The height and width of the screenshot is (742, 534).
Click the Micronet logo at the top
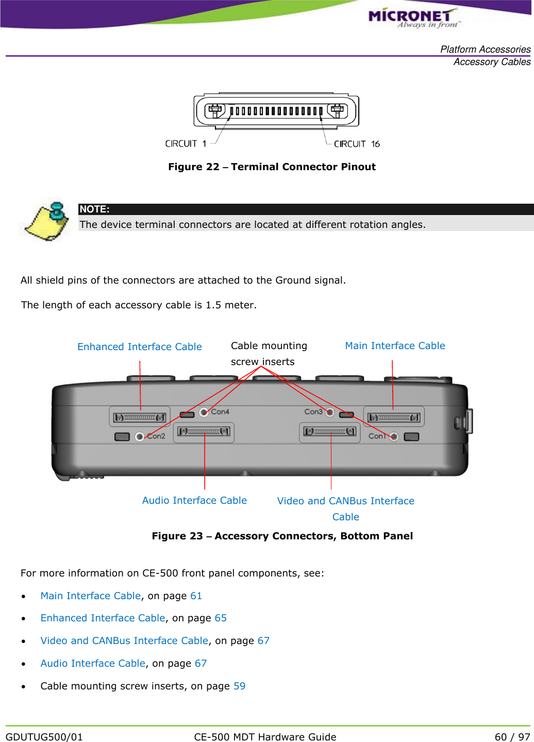click(413, 18)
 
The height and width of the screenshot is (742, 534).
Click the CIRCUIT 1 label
click(186, 144)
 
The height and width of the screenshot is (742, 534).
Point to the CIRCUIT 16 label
click(357, 144)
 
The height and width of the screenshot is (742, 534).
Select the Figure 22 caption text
click(272, 167)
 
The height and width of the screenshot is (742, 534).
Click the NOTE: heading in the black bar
click(94, 209)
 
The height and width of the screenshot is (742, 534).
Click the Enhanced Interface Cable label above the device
click(139, 347)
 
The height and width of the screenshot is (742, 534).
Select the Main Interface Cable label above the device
click(395, 346)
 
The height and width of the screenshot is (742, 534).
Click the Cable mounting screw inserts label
click(269, 354)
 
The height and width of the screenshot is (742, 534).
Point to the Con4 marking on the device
click(220, 412)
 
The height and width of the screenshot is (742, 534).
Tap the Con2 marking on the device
click(156, 436)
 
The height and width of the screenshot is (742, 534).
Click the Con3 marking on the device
click(313, 411)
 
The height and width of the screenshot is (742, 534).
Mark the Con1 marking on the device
click(377, 436)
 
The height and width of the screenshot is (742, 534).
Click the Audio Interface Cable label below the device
click(194, 501)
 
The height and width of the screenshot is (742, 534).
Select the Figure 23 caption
click(282, 536)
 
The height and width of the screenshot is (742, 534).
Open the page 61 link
click(196, 596)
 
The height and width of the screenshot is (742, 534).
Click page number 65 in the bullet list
click(221, 618)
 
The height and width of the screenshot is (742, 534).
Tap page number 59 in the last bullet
click(239, 686)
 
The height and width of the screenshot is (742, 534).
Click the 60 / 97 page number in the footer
click(512, 737)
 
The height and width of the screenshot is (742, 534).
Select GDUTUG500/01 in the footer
click(44, 737)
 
